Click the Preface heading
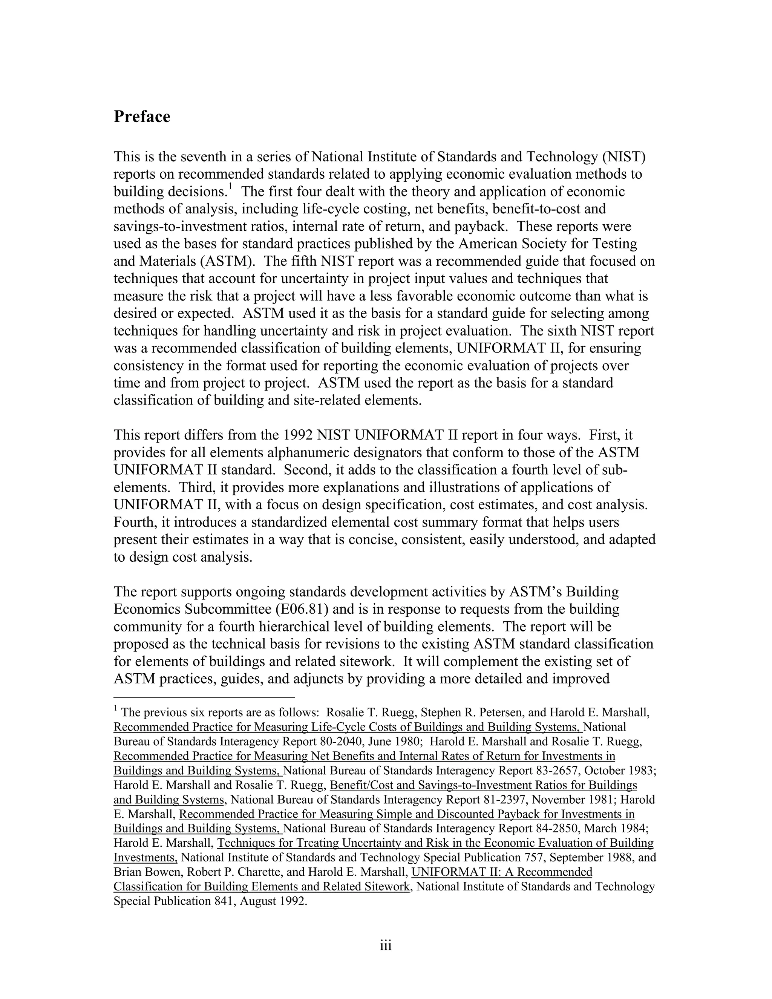click(x=142, y=116)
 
